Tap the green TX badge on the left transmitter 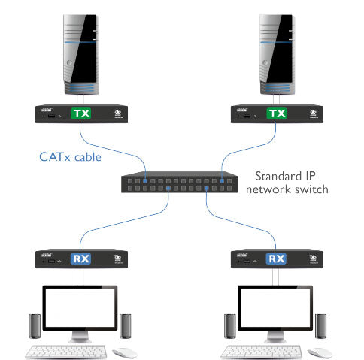pyautogui.click(x=80, y=114)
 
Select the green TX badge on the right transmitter pyautogui.click(x=278, y=114)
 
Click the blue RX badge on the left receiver pyautogui.click(x=80, y=260)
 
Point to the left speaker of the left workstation pyautogui.click(x=34, y=325)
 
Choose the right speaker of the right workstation pyautogui.click(x=321, y=325)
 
